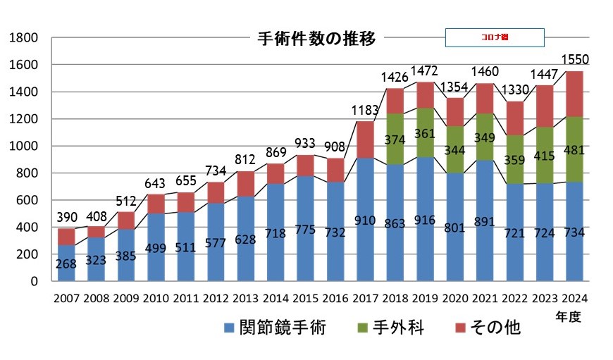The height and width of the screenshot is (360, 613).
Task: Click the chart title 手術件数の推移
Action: [316, 38]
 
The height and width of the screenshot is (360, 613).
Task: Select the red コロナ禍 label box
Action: [495, 37]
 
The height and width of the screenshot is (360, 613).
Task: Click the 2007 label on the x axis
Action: [66, 298]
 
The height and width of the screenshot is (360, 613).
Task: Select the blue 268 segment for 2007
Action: [66, 263]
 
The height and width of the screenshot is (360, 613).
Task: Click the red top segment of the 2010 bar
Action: [156, 204]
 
